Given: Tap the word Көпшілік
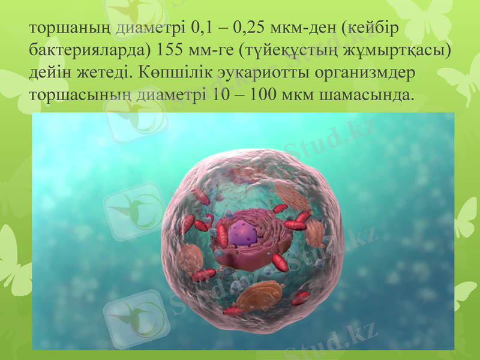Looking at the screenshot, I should coord(178,73).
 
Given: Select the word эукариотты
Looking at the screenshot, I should coord(261,73).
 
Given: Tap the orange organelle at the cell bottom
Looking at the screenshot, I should coord(258,295).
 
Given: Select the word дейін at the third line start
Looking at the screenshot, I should coord(52,73).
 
